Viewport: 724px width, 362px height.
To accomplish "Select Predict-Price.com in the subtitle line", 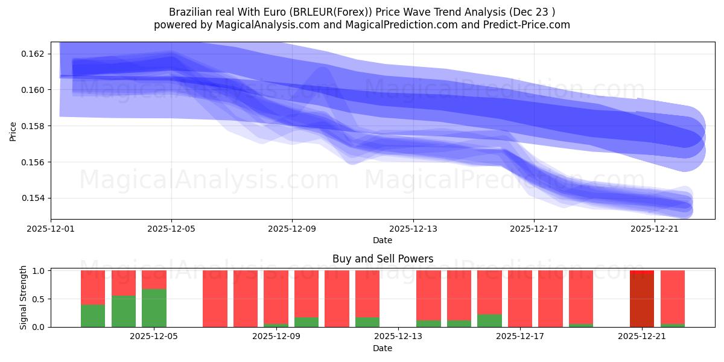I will coord(523,25).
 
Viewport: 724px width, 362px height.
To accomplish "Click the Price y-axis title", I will coord(13,130).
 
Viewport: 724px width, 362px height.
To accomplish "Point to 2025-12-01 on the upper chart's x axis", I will coord(51,229).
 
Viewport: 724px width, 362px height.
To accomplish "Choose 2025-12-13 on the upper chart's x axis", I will coord(413,229).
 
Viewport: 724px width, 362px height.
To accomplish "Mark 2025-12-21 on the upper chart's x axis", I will coord(655,229).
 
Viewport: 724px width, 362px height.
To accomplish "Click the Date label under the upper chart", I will coord(383,240).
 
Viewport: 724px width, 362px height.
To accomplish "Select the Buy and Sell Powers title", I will coord(383,259).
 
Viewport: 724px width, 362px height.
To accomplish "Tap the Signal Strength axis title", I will coord(23,297).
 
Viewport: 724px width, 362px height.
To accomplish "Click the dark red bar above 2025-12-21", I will coord(642,300).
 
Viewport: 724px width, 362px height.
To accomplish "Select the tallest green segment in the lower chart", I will coord(154,308).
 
